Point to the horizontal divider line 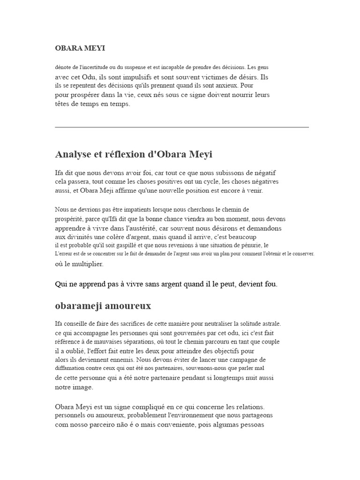tap(182, 127)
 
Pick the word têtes tap(64, 104)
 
